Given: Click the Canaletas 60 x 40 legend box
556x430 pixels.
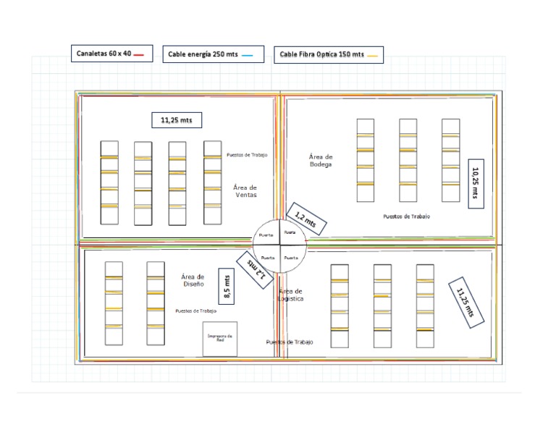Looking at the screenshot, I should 111,54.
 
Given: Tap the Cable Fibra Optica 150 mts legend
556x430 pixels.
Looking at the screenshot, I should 329,54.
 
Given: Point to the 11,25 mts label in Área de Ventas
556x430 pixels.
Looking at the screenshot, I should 177,120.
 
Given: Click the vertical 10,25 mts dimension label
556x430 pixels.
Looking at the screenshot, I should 476,184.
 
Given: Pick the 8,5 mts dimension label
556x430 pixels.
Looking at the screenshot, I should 227,287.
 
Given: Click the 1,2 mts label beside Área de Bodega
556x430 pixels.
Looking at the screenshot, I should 306,219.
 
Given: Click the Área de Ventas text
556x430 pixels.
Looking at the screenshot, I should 245,191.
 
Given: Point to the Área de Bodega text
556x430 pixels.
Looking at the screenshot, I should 320,160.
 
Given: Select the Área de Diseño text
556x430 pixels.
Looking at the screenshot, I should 193,280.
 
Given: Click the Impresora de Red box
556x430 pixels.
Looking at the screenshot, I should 219,339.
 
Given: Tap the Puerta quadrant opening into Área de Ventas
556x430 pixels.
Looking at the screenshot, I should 266,235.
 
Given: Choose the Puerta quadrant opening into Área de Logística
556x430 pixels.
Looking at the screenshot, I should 291,258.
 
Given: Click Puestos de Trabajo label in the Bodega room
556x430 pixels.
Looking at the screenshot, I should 406,216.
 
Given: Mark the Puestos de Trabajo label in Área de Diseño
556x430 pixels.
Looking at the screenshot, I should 195,311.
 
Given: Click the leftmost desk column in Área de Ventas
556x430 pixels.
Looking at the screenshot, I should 109,182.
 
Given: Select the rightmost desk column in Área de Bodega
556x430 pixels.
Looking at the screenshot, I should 451,160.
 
